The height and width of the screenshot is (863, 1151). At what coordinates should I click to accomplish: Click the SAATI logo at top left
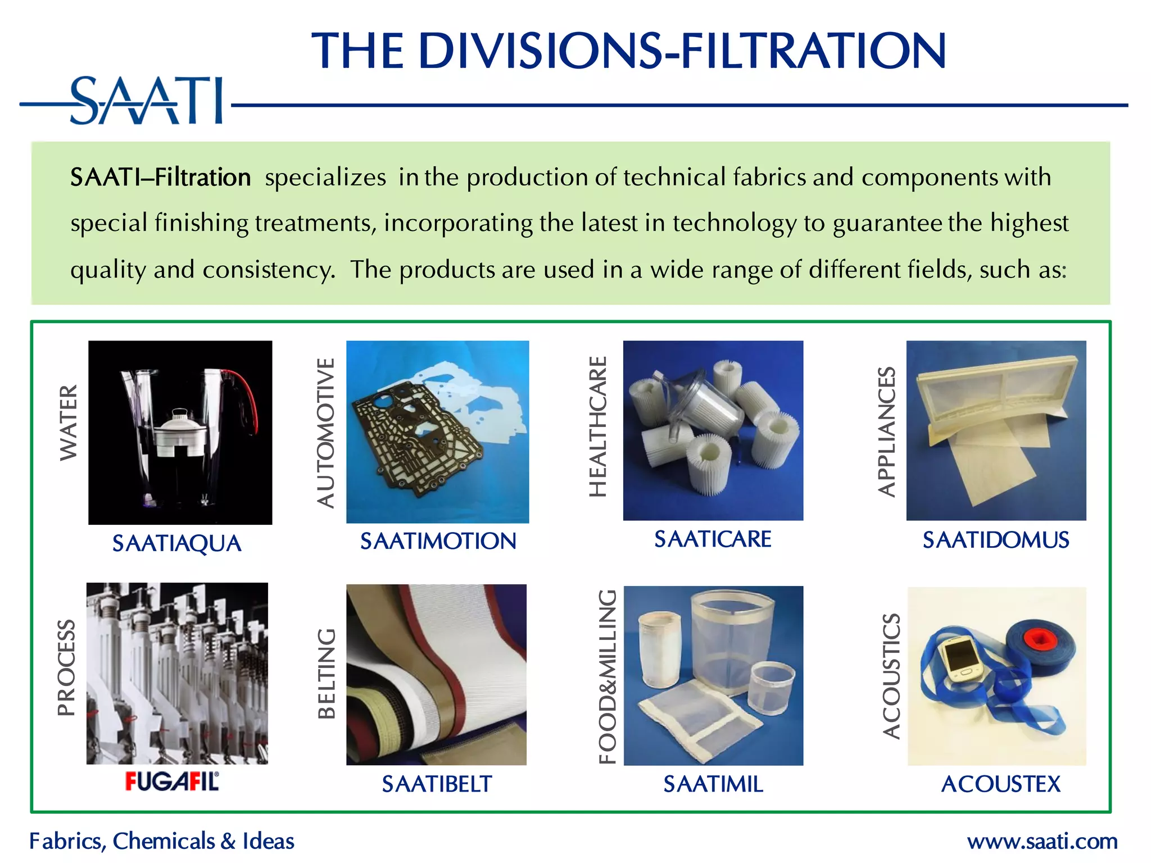pos(146,101)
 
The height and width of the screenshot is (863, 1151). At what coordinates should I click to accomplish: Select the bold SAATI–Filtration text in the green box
pos(160,178)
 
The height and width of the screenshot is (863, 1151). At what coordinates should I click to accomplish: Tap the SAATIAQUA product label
pos(176,543)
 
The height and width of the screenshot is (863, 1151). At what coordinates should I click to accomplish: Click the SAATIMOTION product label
pos(438,541)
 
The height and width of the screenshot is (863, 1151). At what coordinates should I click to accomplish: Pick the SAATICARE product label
pos(713,539)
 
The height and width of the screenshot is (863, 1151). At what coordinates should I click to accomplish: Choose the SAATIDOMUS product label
pos(995,540)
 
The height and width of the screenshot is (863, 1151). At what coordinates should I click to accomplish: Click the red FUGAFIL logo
pos(172,782)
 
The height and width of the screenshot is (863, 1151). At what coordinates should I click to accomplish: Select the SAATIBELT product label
pos(437,784)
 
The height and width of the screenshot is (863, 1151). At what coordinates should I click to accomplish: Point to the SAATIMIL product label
pos(713,784)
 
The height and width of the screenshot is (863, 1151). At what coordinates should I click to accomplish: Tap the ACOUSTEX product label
pos(1000,784)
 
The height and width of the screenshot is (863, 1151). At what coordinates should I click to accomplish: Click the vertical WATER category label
pos(69,423)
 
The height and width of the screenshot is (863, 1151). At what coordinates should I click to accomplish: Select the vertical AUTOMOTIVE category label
pos(326,433)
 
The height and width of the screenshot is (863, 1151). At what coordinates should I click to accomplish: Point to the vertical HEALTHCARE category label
pos(598,427)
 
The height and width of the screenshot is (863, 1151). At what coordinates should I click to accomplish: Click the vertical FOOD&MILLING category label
pos(608,676)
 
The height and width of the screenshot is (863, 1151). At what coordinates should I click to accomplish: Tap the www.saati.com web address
pos(1042,841)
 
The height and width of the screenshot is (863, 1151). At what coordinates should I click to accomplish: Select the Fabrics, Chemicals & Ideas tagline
pos(162,841)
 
